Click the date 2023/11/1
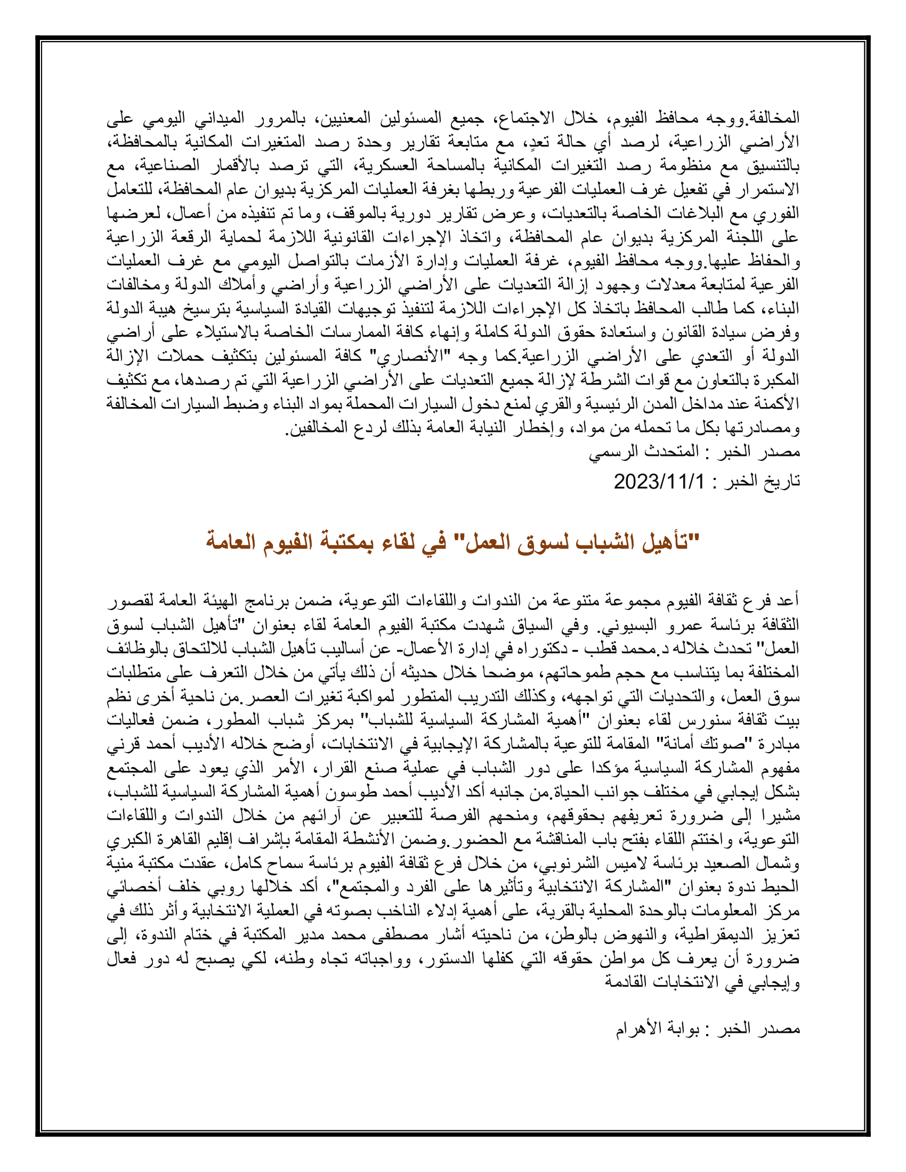659,482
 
